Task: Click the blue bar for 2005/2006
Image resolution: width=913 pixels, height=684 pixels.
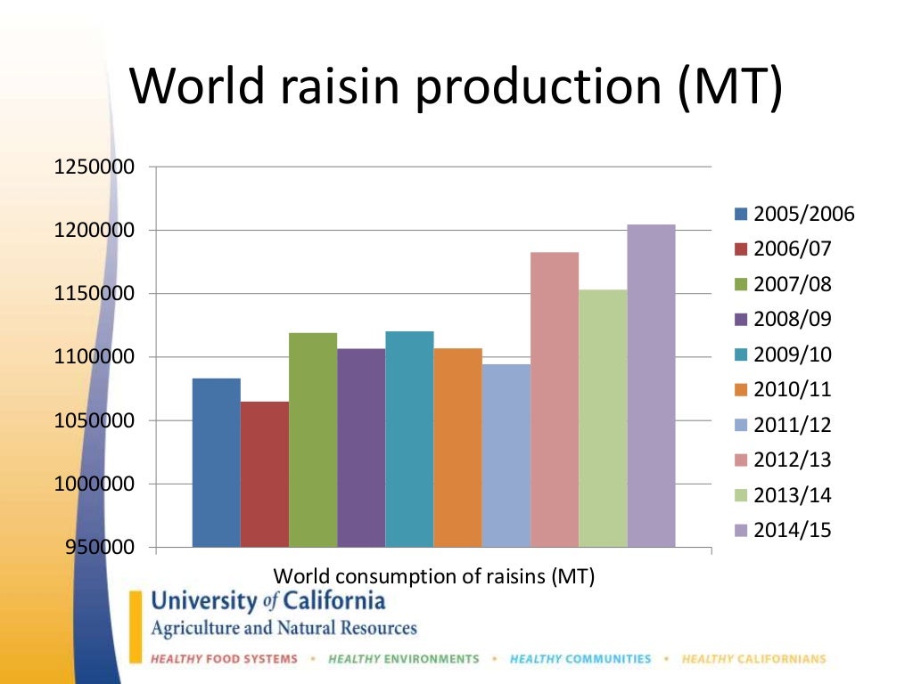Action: [216, 462]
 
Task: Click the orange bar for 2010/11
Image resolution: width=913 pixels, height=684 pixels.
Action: [457, 447]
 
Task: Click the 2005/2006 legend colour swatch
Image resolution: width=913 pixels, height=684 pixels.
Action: [740, 214]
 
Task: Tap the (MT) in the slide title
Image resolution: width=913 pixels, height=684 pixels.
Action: [729, 89]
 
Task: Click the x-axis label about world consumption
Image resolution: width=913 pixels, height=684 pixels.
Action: [433, 576]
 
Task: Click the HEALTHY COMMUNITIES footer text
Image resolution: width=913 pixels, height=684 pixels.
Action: [580, 659]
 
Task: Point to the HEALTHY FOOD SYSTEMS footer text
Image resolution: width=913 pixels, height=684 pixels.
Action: [224, 659]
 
